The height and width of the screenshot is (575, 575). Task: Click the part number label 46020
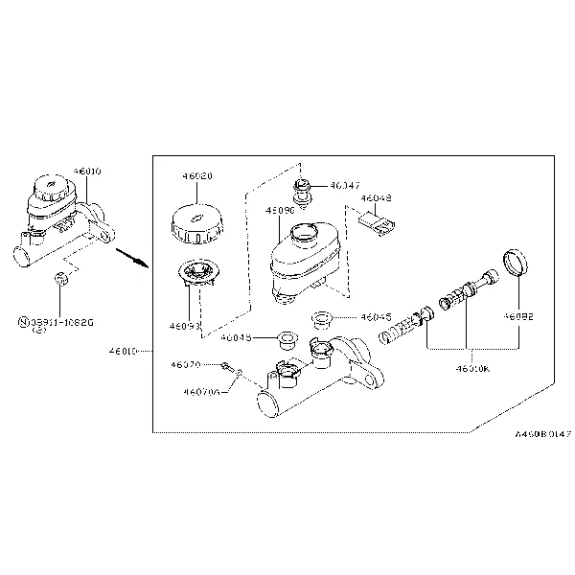pyautogui.click(x=197, y=176)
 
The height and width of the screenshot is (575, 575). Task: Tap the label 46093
pyautogui.click(x=186, y=326)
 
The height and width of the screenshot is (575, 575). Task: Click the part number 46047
pyautogui.click(x=345, y=185)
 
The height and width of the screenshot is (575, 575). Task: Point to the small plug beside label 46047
pyautogui.click(x=305, y=190)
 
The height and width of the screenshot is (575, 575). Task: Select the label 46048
pyautogui.click(x=377, y=199)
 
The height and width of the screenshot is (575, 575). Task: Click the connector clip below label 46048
pyautogui.click(x=378, y=224)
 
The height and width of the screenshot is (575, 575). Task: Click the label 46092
pyautogui.click(x=518, y=314)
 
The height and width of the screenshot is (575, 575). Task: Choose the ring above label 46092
pyautogui.click(x=517, y=264)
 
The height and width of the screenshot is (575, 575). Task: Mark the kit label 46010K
pyautogui.click(x=471, y=367)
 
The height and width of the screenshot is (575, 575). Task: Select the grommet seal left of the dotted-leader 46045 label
pyautogui.click(x=285, y=338)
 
